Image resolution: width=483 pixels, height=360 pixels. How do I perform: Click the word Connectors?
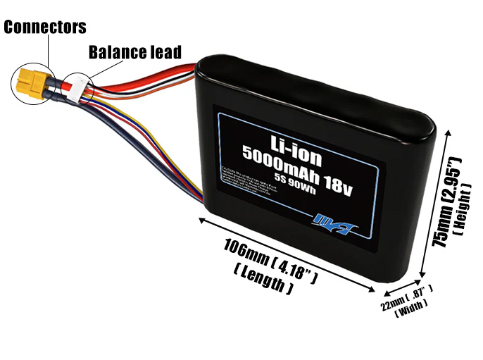(x=45, y=27)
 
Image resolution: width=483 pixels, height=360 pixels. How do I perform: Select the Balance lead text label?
(x=134, y=52)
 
